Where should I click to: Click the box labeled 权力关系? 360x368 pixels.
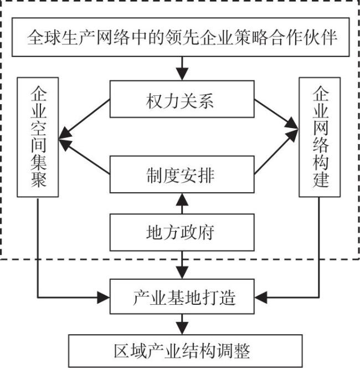coord(182,99)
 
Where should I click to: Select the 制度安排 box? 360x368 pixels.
coord(182,175)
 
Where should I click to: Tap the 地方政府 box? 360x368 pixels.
coord(182,232)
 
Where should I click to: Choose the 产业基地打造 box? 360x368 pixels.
coord(182,297)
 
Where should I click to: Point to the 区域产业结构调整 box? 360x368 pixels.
coord(186,351)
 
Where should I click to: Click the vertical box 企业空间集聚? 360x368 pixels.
coord(38,137)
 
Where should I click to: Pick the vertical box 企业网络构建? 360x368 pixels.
coord(320,137)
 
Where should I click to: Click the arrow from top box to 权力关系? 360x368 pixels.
coord(182,68)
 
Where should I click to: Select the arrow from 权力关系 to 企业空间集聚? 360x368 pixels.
coord(84,119)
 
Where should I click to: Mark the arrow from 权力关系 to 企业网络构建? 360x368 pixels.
coord(276,114)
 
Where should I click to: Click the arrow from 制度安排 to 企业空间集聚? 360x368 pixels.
coord(84,157)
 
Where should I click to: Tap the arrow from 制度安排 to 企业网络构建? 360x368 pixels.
coord(276,152)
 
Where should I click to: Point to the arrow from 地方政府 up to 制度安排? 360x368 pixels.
coord(182,203)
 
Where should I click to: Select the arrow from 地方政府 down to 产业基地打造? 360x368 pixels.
coord(182,265)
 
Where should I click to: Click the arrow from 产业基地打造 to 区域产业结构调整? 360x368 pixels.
coord(182,324)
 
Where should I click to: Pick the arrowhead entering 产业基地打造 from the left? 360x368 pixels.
coord(104,298)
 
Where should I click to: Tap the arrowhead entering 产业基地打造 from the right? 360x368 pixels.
coord(261,298)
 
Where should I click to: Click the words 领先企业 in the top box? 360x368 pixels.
coord(199,38)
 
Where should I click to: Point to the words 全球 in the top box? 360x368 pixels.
coord(44,38)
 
